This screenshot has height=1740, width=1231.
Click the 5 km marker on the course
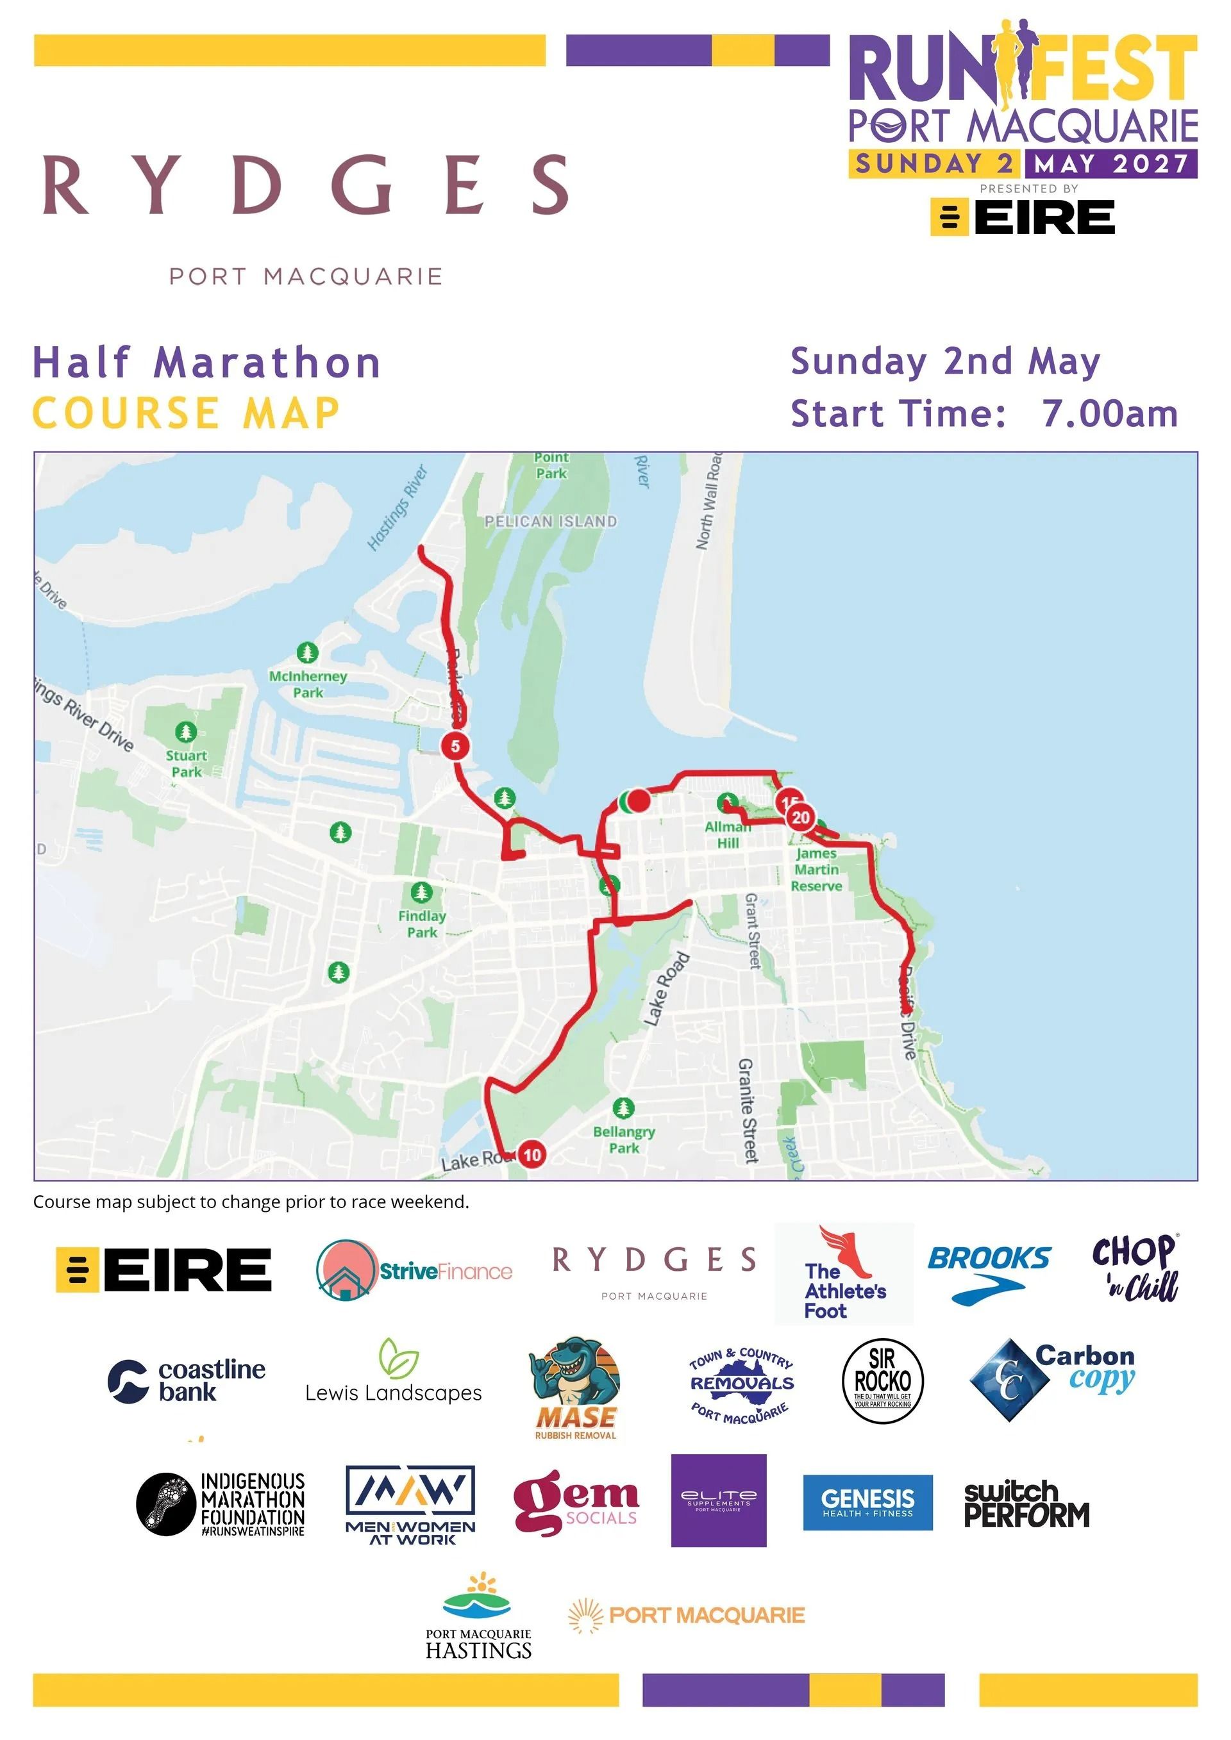(455, 746)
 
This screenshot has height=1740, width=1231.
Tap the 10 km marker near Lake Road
(532, 1155)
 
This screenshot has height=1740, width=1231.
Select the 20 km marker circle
(801, 817)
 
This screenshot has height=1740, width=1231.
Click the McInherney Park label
(308, 684)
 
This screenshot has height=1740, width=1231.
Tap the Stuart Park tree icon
(186, 732)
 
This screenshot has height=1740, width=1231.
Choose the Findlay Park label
(423, 924)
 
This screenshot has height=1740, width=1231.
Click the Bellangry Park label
(624, 1139)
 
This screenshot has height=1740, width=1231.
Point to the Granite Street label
(748, 1110)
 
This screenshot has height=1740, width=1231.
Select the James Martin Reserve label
(816, 869)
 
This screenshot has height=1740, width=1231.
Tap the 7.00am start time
(1110, 414)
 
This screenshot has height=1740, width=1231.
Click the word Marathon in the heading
(267, 362)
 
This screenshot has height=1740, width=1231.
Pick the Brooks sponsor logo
(989, 1275)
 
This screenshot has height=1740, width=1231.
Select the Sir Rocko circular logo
(883, 1380)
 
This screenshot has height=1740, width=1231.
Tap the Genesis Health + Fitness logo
(867, 1503)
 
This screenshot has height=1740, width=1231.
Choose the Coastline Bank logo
(187, 1380)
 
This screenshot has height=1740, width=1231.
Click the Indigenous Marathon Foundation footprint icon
(165, 1504)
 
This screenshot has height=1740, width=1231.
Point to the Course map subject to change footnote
(251, 1202)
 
